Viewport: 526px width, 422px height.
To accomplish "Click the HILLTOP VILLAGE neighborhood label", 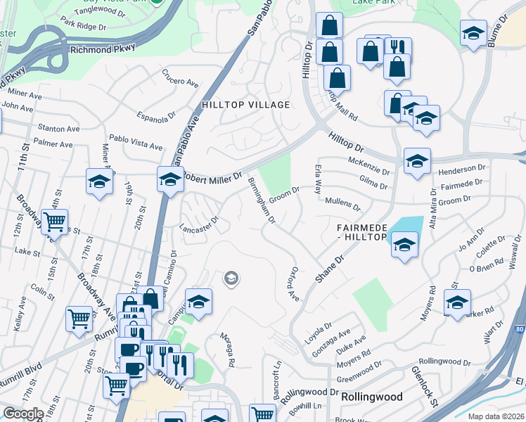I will [x=245, y=105].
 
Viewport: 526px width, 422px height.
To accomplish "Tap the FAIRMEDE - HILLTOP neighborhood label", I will [x=362, y=233].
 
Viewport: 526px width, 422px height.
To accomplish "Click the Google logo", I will [x=23, y=414].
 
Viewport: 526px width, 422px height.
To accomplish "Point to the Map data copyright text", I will [x=496, y=416].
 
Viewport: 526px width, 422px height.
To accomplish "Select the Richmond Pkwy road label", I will [x=98, y=51].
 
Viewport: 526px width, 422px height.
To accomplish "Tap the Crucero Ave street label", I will [x=180, y=77].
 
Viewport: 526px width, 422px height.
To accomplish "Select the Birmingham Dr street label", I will [x=261, y=201].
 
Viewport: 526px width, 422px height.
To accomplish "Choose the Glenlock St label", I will [x=423, y=385].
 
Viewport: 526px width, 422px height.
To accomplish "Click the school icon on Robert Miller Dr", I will [x=170, y=181].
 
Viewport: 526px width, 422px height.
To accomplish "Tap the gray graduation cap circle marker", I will [x=230, y=279].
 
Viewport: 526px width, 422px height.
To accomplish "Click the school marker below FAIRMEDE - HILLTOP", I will [x=404, y=245].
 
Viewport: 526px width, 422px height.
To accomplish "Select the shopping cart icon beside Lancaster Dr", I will [x=54, y=223].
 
